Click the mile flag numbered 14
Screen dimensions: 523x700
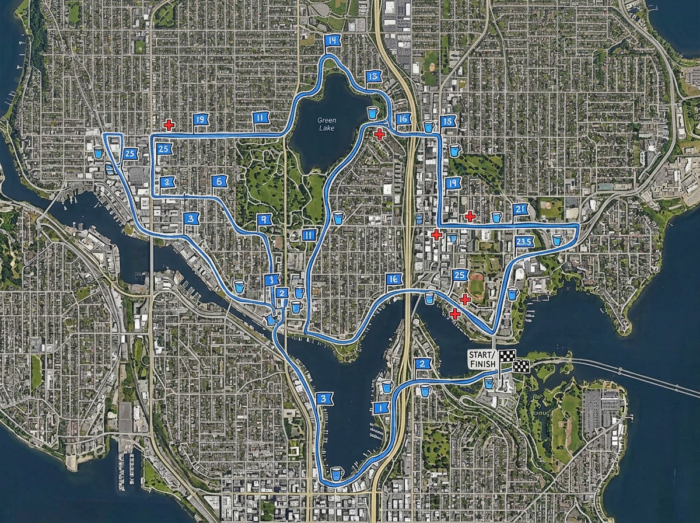332,41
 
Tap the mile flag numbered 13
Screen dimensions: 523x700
373,76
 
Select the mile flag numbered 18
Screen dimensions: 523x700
448,121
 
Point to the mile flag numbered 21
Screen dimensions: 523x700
521,210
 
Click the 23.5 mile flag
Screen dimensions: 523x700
525,242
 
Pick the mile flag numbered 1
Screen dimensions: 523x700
381,408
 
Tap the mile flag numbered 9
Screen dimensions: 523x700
264,219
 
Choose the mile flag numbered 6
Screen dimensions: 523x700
219,181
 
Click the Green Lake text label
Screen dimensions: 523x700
327,124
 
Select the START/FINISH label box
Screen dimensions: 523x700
482,359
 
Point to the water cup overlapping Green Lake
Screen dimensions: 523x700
372,113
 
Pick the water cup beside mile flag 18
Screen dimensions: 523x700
429,126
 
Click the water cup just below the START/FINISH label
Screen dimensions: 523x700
489,383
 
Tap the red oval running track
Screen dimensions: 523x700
477,287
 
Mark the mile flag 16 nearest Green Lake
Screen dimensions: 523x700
402,118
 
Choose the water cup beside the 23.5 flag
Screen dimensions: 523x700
556,239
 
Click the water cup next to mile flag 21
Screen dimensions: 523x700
496,217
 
